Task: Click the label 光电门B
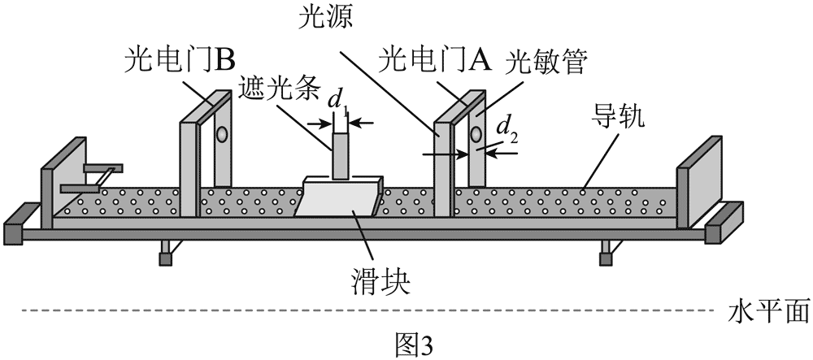[x=179, y=61]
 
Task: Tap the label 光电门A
[x=435, y=61]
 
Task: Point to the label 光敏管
[x=546, y=63]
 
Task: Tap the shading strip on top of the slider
[x=341, y=154]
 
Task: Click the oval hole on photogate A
[x=476, y=132]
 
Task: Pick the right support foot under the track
[x=606, y=253]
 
